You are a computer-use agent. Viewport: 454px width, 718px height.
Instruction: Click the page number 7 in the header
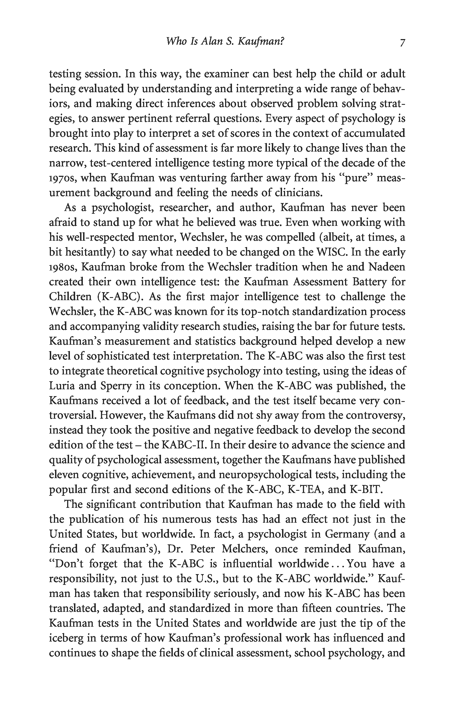402,42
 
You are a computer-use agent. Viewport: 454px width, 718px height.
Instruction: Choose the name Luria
61,386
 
